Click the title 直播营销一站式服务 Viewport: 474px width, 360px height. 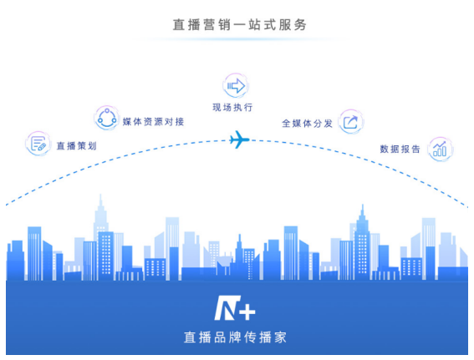click(239, 25)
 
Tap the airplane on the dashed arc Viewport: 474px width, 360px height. click(239, 139)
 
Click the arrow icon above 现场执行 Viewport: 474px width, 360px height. click(236, 86)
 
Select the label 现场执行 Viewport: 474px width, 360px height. click(232, 107)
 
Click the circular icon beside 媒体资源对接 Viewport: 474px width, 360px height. click(107, 118)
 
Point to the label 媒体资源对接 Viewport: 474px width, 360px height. click(153, 122)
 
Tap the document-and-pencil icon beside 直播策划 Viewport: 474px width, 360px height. click(38, 144)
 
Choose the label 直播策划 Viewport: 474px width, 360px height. click(76, 146)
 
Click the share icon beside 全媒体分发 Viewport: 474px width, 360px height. click(350, 122)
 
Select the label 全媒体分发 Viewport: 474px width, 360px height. click(307, 124)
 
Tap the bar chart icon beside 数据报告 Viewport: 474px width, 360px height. click(440, 150)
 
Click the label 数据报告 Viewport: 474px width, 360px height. click(400, 149)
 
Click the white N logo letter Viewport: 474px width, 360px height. click(227, 307)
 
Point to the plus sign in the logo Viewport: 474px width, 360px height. click(248, 312)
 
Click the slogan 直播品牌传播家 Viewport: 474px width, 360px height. click(235, 337)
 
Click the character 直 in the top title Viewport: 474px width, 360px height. click(179, 25)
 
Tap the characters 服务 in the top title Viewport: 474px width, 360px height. click(293, 25)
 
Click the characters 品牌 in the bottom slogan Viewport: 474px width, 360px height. click(227, 337)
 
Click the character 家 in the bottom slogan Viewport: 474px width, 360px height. click(281, 337)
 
